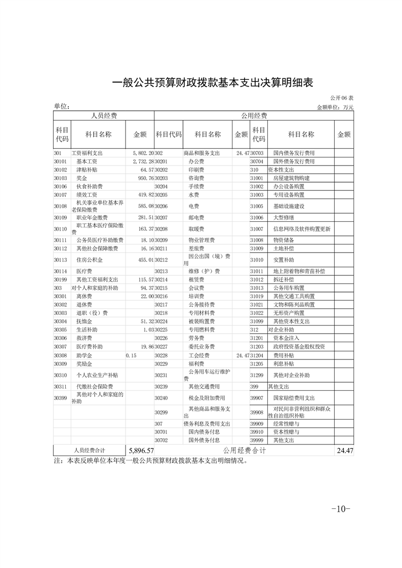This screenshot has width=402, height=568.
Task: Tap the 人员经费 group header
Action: (x=104, y=116)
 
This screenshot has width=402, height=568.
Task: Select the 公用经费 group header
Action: (x=254, y=116)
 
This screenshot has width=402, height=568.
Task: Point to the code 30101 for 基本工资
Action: (x=61, y=161)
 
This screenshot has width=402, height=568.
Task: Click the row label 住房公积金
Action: (x=90, y=260)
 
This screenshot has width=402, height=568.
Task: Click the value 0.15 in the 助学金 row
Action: (x=131, y=356)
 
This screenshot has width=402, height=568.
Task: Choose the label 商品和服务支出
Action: (x=202, y=152)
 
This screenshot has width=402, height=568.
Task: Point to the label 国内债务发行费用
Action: (x=294, y=152)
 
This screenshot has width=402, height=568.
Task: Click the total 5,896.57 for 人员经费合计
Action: (x=141, y=450)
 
